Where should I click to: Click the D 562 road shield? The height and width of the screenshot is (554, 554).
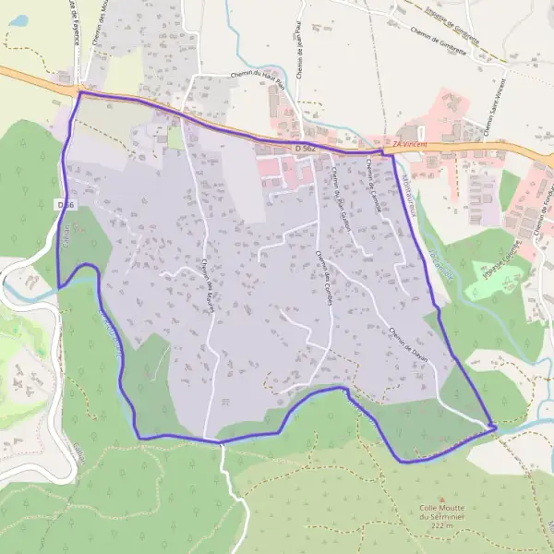pos(306,148)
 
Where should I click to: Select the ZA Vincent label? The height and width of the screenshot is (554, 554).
pos(412,145)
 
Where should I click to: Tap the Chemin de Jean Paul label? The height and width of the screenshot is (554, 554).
pos(301,55)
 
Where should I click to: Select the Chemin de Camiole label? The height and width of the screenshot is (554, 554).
pos(375,181)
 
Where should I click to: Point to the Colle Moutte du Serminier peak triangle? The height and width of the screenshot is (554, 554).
pos(441,498)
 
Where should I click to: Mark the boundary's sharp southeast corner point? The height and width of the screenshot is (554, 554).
pos(496,427)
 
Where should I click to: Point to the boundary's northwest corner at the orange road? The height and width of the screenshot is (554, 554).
pos(80,92)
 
